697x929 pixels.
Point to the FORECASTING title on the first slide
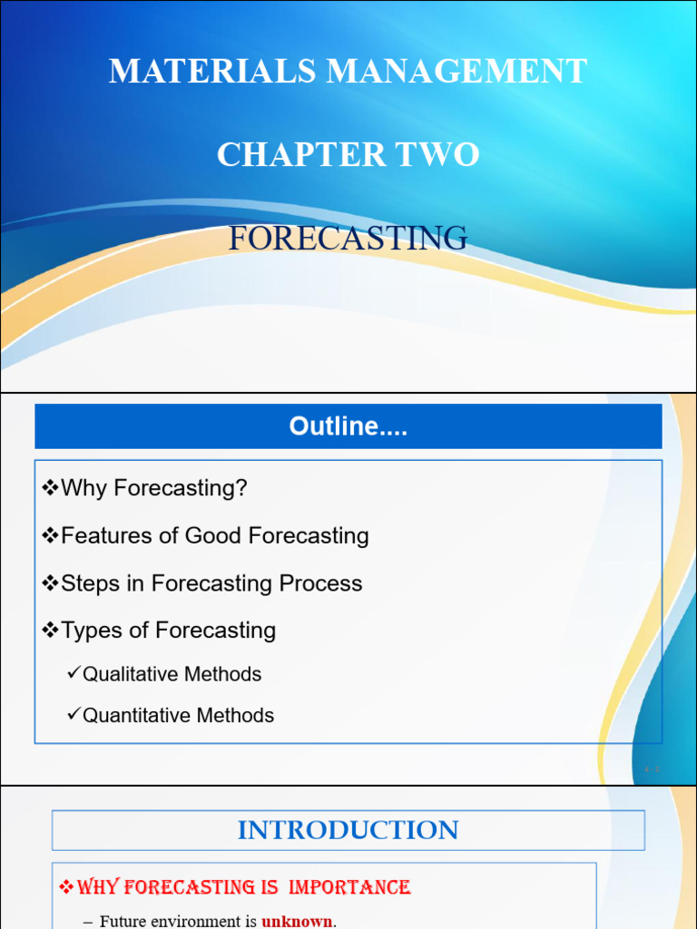[348, 239]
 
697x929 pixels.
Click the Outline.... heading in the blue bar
[348, 426]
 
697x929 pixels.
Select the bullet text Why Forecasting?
[153, 488]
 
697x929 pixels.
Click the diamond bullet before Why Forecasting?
[50, 488]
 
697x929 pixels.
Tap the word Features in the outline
[106, 536]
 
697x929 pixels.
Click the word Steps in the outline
[89, 583]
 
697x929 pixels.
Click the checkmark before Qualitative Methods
[74, 673]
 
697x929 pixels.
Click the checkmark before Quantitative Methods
[74, 715]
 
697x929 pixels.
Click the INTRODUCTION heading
[348, 830]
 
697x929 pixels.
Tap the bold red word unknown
[297, 922]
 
